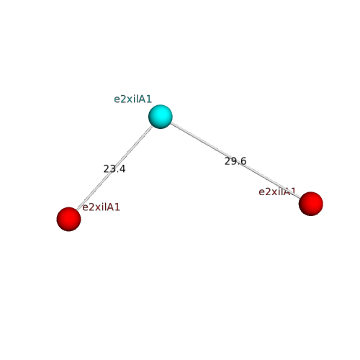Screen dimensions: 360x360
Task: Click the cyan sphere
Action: coord(161,117)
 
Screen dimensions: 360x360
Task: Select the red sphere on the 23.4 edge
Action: coord(68,219)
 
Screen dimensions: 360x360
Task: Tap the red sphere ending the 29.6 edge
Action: coord(311,204)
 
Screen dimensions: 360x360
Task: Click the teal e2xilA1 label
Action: coord(132,99)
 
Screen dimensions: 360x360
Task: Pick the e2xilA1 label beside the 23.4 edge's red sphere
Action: coord(101,207)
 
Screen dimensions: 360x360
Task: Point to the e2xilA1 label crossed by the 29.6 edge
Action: coord(277,192)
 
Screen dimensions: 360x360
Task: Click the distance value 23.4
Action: coord(114,169)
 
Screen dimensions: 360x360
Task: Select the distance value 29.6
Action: coord(235,161)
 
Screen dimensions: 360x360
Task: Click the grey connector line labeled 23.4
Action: coord(114,168)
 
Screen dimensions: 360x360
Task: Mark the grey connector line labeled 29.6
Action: coord(235,161)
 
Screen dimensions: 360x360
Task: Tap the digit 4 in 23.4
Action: coord(122,169)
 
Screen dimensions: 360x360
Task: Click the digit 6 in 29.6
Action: coord(243,161)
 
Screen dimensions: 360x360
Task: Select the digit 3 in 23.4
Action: coord(112,169)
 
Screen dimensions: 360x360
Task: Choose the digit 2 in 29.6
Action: coord(228,161)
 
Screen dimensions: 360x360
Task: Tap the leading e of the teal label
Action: coord(117,100)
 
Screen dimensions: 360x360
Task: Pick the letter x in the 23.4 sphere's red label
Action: coord(96,208)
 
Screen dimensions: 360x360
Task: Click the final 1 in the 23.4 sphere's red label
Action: coord(117,207)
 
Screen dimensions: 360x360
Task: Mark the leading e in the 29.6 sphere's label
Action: coord(261,193)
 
